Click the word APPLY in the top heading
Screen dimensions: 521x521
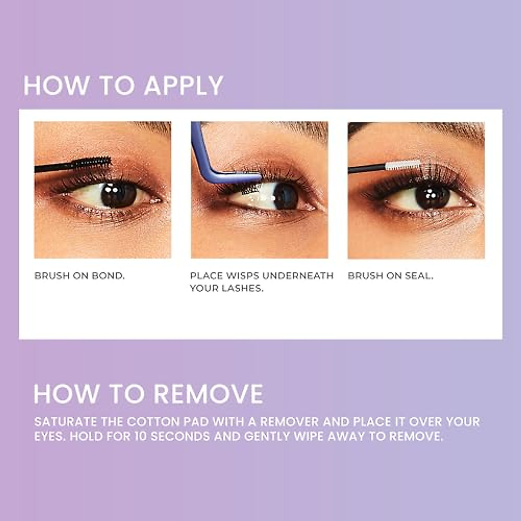coord(184,86)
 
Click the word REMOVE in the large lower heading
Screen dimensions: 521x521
coord(208,394)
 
